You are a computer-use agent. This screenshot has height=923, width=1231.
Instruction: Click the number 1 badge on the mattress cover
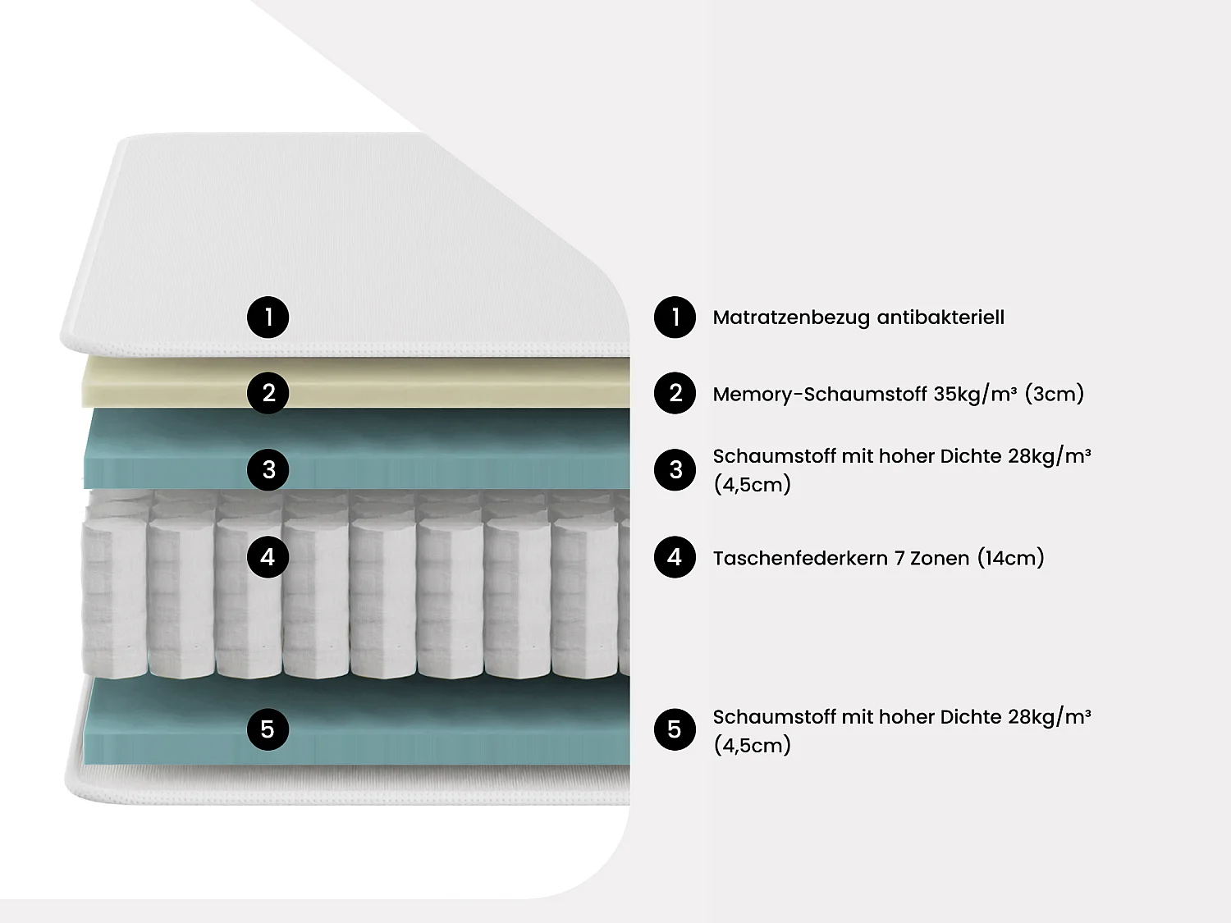point(268,318)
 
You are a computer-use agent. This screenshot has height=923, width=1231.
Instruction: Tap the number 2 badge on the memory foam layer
point(268,393)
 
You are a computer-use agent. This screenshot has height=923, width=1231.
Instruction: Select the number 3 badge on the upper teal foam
point(268,469)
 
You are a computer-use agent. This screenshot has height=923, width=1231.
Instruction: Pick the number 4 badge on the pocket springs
point(268,557)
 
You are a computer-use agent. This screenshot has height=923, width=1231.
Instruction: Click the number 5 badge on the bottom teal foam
point(268,729)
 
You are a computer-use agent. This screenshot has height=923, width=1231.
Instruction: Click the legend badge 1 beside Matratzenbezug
point(675,318)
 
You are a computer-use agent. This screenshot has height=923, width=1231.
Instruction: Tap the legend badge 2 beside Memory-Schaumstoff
point(675,393)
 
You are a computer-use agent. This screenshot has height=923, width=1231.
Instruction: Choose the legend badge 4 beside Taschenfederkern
point(675,557)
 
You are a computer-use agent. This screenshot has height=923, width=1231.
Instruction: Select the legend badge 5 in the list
point(675,729)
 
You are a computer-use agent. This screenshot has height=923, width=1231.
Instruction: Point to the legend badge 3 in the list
point(675,469)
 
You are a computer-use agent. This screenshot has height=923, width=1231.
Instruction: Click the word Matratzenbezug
point(790,318)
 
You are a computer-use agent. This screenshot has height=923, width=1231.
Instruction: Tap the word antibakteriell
point(940,318)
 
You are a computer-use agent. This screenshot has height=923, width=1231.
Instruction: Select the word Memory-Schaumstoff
point(820,395)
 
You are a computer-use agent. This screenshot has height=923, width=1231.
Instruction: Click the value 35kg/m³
point(975,394)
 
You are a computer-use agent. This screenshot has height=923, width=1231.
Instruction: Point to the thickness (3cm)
point(1055,394)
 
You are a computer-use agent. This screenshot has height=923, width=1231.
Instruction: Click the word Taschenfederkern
point(800,559)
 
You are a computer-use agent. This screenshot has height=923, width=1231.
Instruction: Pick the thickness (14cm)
point(1011,558)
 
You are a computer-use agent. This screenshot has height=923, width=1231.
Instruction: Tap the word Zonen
point(940,559)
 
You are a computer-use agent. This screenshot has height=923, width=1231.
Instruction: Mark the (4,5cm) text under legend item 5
point(753,746)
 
